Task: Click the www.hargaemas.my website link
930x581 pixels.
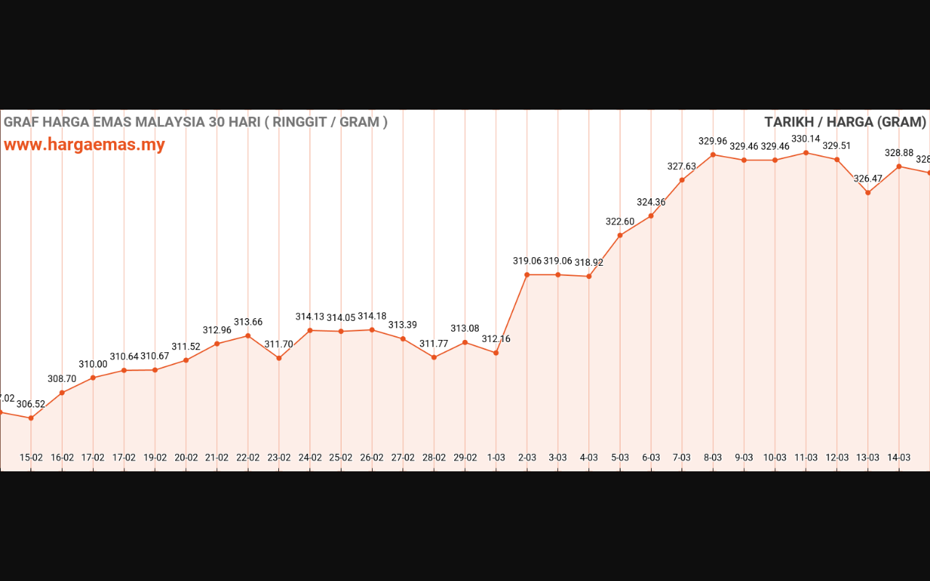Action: pyautogui.click(x=84, y=145)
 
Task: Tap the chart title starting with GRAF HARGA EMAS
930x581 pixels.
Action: pyautogui.click(x=195, y=122)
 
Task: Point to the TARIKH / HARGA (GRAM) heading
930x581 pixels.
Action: pyautogui.click(x=845, y=122)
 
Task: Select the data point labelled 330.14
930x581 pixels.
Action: pyautogui.click(x=806, y=153)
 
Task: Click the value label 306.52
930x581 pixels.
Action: pyautogui.click(x=31, y=404)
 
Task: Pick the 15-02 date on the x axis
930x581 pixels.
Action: pyautogui.click(x=31, y=458)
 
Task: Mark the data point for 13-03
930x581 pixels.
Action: pyautogui.click(x=868, y=192)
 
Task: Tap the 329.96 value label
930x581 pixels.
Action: pyautogui.click(x=713, y=141)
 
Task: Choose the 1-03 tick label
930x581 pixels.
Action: pyautogui.click(x=496, y=458)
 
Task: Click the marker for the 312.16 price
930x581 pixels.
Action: pyautogui.click(x=496, y=353)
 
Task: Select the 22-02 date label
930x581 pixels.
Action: pyautogui.click(x=248, y=458)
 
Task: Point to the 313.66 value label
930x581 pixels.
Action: pyautogui.click(x=248, y=322)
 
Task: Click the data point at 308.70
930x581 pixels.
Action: pyautogui.click(x=62, y=393)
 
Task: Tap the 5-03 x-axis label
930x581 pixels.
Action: pyautogui.click(x=620, y=458)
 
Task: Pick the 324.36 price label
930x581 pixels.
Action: pyautogui.click(x=651, y=202)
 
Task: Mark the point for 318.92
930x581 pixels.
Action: pyautogui.click(x=589, y=276)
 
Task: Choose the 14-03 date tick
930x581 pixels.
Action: pyautogui.click(x=899, y=458)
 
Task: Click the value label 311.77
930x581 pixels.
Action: pyautogui.click(x=434, y=344)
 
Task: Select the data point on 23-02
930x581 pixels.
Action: pyautogui.click(x=279, y=358)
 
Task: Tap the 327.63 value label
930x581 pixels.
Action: pyautogui.click(x=682, y=166)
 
